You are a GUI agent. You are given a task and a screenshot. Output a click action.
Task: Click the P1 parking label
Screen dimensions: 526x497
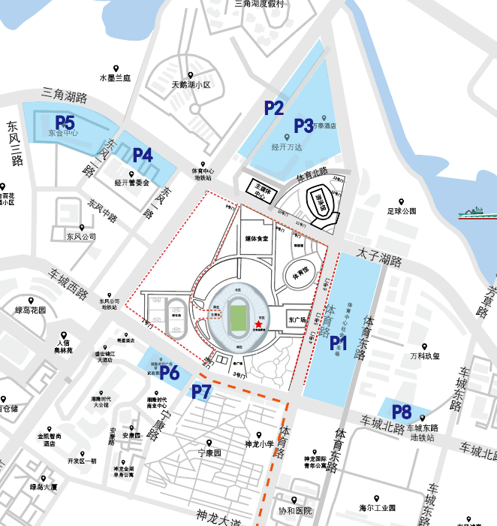tap(339, 343)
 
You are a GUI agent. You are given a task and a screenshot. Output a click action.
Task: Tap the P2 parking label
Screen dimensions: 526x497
tap(273, 108)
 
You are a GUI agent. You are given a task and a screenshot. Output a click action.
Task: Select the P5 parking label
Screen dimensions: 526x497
tap(65, 122)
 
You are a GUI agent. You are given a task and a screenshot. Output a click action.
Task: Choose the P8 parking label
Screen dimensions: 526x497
tap(402, 412)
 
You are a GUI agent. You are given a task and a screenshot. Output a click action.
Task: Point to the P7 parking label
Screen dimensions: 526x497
tap(202, 391)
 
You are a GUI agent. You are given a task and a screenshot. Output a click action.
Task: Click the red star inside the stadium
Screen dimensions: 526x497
tap(258, 324)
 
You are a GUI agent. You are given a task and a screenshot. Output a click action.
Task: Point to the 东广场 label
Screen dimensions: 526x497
tap(298, 320)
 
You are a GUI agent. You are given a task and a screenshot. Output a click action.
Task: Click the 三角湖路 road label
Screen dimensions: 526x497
tap(65, 95)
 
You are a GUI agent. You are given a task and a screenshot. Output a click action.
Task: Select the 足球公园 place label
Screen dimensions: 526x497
tap(402, 211)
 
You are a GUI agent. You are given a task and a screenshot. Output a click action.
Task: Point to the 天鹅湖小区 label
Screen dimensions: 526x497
tap(191, 85)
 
